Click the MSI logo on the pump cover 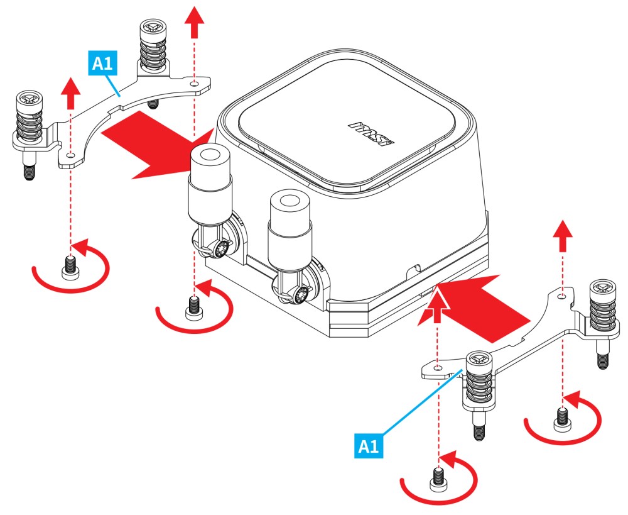[x=371, y=131]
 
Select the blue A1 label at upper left [x=102, y=64]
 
